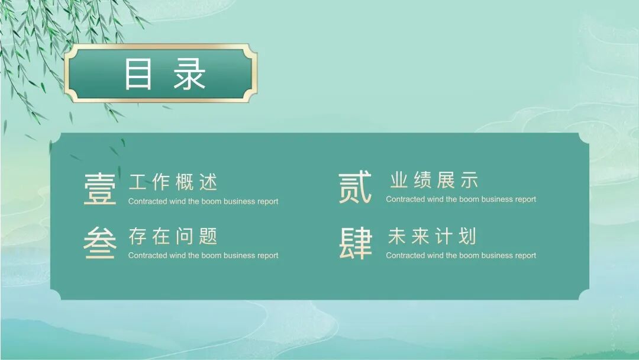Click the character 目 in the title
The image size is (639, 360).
[138, 73]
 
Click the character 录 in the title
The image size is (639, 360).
[189, 73]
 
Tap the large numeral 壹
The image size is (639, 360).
[100, 189]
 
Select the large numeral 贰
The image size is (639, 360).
[356, 188]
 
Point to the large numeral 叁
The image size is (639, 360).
[100, 244]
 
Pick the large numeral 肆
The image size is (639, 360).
[356, 244]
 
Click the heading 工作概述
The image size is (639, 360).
[173, 182]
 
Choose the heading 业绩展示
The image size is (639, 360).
[434, 180]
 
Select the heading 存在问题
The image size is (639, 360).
[173, 236]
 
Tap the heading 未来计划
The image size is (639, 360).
[431, 236]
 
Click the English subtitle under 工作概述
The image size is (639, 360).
[203, 201]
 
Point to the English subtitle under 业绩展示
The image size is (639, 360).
[461, 200]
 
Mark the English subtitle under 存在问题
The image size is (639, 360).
[203, 256]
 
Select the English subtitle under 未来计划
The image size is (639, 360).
[461, 256]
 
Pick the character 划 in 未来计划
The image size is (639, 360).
[467, 236]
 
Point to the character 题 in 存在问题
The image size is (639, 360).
[208, 236]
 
